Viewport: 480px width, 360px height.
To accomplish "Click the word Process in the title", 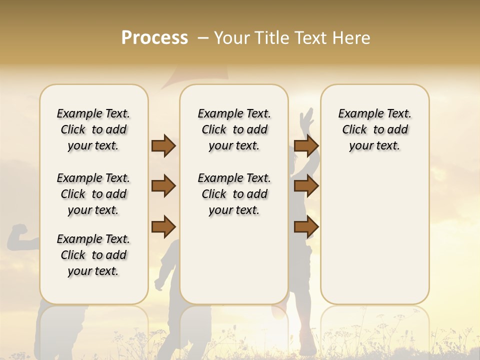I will pyautogui.click(x=154, y=38).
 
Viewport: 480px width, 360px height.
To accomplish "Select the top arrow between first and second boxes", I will pyautogui.click(x=163, y=146).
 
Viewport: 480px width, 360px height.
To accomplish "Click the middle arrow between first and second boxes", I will pyautogui.click(x=163, y=186).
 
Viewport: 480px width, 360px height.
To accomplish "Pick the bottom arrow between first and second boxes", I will pyautogui.click(x=163, y=227).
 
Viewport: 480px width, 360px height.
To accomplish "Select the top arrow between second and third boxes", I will pyautogui.click(x=306, y=146).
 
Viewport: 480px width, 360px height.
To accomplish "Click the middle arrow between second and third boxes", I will pyautogui.click(x=306, y=186).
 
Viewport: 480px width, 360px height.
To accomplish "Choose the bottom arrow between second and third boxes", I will pyautogui.click(x=306, y=227).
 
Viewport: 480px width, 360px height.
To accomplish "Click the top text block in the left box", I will pyautogui.click(x=93, y=129).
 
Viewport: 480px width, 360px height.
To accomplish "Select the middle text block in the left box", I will pyautogui.click(x=93, y=194).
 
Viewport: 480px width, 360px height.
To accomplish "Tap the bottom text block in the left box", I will pyautogui.click(x=93, y=255).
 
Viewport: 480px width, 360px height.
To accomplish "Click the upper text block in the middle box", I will pyautogui.click(x=234, y=129).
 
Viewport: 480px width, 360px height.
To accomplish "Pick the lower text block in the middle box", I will pyautogui.click(x=234, y=194).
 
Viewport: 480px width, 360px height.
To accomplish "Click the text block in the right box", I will pyautogui.click(x=374, y=129).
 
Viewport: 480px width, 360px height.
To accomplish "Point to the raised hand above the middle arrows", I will pyautogui.click(x=306, y=119).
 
